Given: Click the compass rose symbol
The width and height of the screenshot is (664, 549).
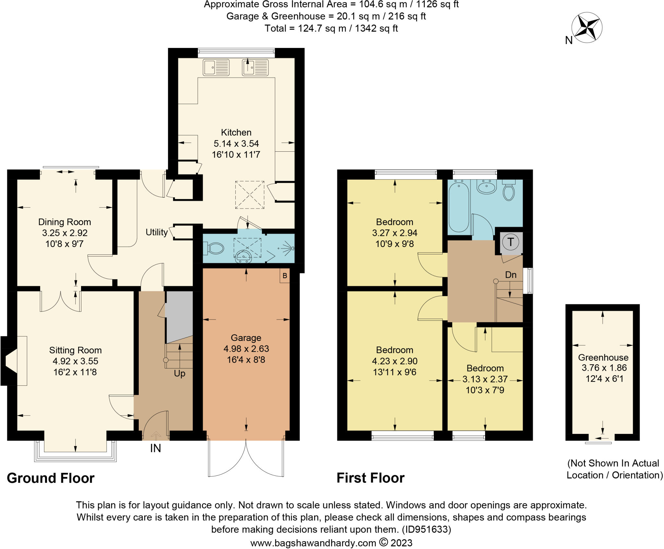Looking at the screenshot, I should pyautogui.click(x=587, y=28).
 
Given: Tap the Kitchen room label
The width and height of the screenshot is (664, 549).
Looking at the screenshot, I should pyautogui.click(x=236, y=132).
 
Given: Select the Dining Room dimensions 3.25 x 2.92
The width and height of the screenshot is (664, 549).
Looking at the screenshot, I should pyautogui.click(x=65, y=233).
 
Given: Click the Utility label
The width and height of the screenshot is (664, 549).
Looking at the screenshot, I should pyautogui.click(x=157, y=232).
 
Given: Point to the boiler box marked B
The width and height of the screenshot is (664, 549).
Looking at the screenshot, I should pyautogui.click(x=285, y=276).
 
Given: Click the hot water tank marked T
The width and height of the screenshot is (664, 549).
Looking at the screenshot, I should pyautogui.click(x=511, y=242).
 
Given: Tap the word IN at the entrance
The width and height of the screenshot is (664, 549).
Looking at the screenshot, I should pyautogui.click(x=155, y=448).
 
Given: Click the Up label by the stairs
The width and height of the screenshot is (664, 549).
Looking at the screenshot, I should pyautogui.click(x=180, y=373).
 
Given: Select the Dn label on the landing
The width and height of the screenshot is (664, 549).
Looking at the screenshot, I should pyautogui.click(x=511, y=275).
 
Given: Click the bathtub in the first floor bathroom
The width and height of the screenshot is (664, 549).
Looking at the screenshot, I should pyautogui.click(x=459, y=206).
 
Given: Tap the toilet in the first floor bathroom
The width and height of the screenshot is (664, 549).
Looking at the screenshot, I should pyautogui.click(x=509, y=192).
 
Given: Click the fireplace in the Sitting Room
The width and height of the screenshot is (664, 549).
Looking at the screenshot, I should pyautogui.click(x=11, y=361).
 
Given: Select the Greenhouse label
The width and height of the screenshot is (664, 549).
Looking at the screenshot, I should pyautogui.click(x=603, y=357).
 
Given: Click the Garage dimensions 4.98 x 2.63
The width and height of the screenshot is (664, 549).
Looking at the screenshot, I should pyautogui.click(x=246, y=349).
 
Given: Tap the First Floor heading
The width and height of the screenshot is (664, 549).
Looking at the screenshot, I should pyautogui.click(x=370, y=478).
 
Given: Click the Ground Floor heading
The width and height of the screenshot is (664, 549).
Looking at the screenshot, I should pyautogui.click(x=51, y=478).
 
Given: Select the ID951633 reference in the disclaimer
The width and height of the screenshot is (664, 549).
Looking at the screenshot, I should pyautogui.click(x=426, y=530).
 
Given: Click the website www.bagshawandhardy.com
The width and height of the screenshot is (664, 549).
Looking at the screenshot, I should pyautogui.click(x=313, y=543).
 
